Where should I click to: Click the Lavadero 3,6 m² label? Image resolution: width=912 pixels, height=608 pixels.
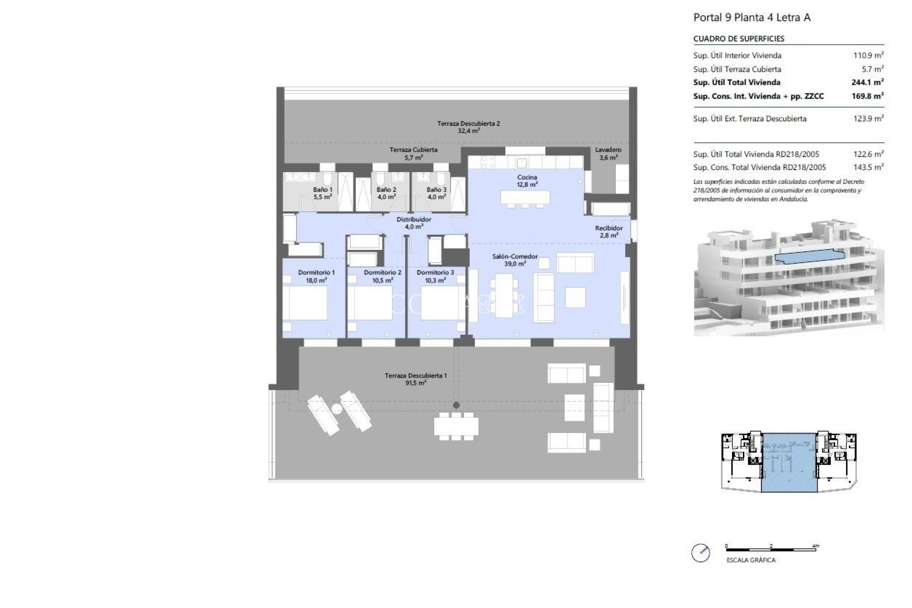pyautogui.click(x=608, y=153)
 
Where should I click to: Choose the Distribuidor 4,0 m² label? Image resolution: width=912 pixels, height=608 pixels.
pyautogui.click(x=414, y=223)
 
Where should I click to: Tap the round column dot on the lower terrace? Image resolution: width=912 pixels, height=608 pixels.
pyautogui.click(x=456, y=405)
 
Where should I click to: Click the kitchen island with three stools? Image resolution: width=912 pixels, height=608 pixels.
pyautogui.click(x=525, y=197)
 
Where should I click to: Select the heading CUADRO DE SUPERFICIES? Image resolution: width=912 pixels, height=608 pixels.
pyautogui.click(x=739, y=39)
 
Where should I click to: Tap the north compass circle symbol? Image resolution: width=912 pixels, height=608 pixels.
pyautogui.click(x=701, y=553)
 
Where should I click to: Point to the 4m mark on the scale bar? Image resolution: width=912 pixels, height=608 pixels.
pyautogui.click(x=815, y=546)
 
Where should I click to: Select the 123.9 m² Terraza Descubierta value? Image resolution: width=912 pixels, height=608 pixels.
pyautogui.click(x=868, y=119)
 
